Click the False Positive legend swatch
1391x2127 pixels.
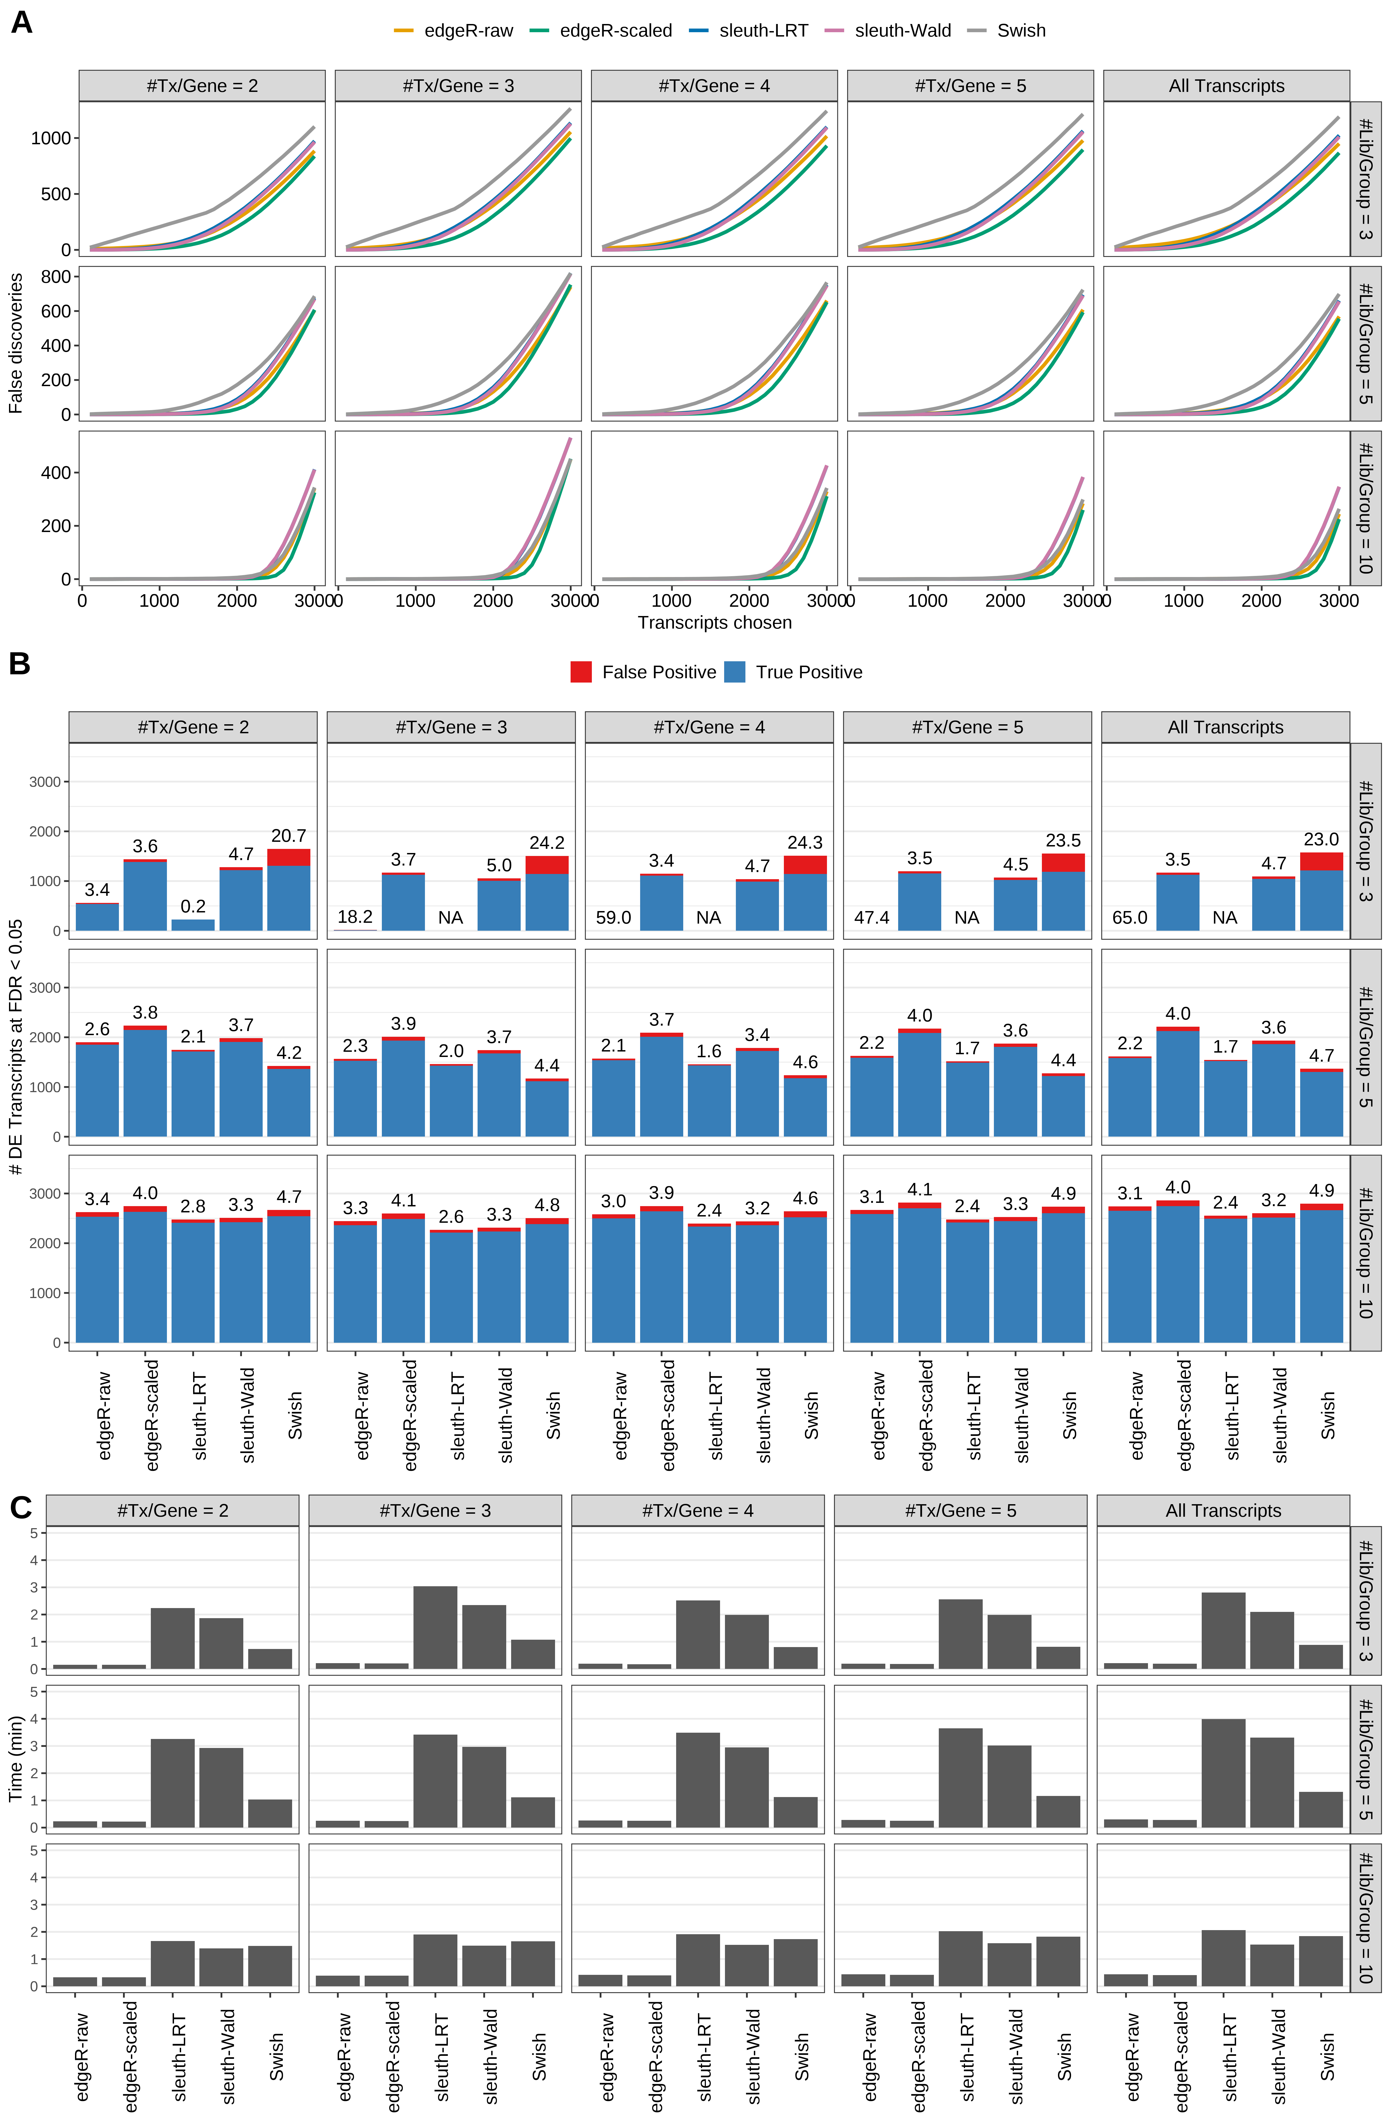[581, 672]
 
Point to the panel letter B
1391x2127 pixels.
[20, 664]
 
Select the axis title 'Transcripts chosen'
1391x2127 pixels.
[714, 623]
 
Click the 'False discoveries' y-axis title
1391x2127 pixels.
[15, 343]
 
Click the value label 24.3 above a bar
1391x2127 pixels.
[805, 843]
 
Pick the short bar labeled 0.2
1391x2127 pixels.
[193, 925]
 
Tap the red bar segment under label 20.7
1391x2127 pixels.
[289, 857]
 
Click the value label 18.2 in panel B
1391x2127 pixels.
[355, 917]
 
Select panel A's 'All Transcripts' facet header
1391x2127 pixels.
[1226, 86]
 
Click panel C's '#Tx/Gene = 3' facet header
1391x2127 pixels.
[434, 1510]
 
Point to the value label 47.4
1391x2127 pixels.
[872, 918]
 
